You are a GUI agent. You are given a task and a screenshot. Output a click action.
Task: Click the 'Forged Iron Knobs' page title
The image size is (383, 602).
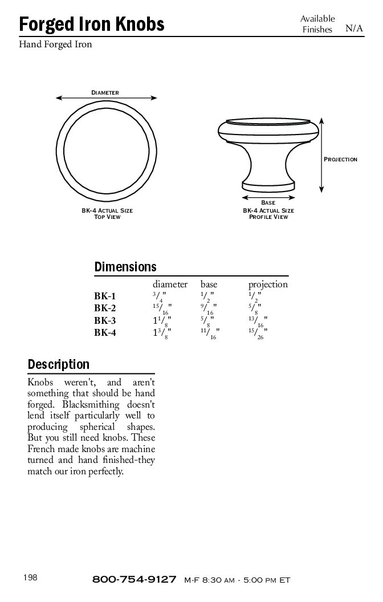coord(92,25)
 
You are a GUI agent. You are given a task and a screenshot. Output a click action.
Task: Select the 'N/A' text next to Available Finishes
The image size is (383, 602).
coord(354,29)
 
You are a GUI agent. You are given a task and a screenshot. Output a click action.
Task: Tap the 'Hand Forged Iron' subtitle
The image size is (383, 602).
coord(55,44)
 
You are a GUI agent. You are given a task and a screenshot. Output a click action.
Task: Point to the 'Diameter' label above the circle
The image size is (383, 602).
coord(105,92)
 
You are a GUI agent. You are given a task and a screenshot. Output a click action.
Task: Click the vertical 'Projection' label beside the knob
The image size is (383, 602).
coord(341,159)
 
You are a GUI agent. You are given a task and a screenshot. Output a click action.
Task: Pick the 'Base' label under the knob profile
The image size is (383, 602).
coord(268,203)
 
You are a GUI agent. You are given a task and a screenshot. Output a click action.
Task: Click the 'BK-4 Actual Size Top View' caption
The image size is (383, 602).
coord(107,214)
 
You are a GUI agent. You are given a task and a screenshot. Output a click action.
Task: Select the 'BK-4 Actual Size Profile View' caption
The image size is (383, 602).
coord(268,214)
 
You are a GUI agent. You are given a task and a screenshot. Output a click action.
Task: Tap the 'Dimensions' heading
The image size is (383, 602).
coord(125,267)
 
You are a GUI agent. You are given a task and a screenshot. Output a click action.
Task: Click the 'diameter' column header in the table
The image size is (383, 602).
coord(170,284)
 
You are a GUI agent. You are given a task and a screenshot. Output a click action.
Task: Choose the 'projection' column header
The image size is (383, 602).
coord(268,284)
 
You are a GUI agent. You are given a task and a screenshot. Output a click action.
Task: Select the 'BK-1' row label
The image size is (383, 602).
coord(105,296)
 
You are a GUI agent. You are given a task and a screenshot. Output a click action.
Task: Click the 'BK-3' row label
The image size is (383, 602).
coord(105,320)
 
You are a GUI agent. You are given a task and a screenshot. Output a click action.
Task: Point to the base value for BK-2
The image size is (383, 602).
coord(209,309)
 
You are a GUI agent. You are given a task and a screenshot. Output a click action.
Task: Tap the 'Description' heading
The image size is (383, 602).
coord(59,364)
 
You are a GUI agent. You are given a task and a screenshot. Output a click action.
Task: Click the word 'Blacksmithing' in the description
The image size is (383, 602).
coord(92,405)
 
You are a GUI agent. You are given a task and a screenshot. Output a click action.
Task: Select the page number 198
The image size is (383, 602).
coord(30,578)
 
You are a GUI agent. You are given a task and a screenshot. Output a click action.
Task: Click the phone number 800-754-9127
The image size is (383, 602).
coord(134,580)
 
